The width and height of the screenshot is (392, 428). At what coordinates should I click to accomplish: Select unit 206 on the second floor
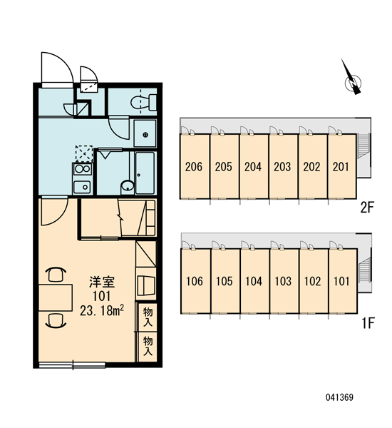click(x=195, y=166)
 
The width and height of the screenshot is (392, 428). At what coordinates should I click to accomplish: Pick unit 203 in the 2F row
click(x=283, y=166)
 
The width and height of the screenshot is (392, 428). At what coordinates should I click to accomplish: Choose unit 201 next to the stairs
click(x=342, y=166)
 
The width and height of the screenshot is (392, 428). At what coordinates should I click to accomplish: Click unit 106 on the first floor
click(x=195, y=280)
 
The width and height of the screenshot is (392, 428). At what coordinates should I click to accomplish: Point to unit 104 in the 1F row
click(x=254, y=280)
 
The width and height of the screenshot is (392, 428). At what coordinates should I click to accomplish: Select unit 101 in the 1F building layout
click(x=343, y=280)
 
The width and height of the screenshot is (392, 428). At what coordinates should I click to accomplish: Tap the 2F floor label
click(x=367, y=208)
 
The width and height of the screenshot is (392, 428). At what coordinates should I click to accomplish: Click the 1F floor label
click(x=368, y=323)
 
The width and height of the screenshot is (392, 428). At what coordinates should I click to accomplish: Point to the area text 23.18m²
click(x=102, y=310)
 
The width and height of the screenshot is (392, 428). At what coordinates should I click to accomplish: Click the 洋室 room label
click(x=102, y=282)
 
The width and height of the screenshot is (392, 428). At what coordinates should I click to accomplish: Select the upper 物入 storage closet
click(x=148, y=317)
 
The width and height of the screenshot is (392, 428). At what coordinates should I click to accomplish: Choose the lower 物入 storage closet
click(x=148, y=347)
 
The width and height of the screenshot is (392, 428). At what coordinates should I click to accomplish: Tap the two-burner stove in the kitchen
click(x=83, y=169)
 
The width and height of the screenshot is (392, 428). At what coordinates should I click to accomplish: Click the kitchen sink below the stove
click(x=83, y=187)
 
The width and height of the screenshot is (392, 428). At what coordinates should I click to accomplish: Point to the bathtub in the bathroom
click(x=145, y=173)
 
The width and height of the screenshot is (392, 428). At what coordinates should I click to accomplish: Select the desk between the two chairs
click(x=56, y=297)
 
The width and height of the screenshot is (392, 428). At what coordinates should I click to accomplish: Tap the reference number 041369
click(x=340, y=397)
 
